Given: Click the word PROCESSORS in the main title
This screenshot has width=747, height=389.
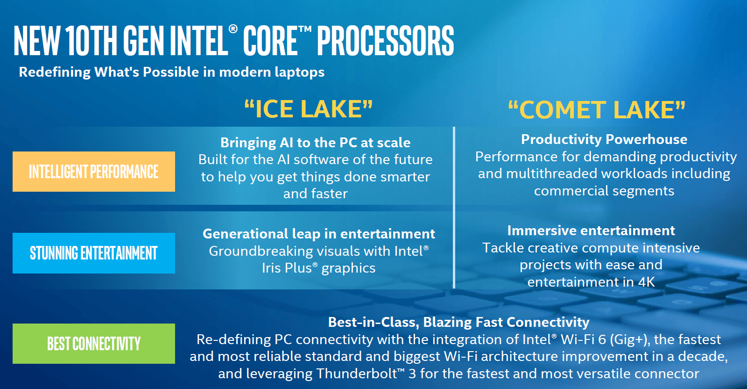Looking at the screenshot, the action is (385, 40).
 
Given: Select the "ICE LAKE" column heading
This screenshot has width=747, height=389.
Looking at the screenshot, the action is (309, 109).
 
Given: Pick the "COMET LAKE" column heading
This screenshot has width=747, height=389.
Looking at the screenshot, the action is (597, 110).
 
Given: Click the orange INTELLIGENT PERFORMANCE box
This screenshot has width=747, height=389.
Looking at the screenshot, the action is (94, 172).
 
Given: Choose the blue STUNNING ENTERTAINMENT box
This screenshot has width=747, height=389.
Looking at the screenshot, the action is (94, 253).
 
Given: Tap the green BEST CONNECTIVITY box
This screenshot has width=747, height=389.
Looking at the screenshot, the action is (94, 344).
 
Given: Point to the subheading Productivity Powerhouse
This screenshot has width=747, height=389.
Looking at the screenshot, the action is (604, 140).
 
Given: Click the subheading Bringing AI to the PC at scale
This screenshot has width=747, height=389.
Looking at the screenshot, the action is (316, 143).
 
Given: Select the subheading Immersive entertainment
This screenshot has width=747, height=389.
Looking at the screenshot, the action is (591, 231).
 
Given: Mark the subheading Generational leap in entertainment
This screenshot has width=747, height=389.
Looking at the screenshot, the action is (319, 234).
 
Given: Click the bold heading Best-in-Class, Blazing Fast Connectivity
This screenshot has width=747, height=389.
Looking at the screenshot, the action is (459, 322).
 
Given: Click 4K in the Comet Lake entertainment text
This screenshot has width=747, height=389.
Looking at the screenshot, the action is (646, 282).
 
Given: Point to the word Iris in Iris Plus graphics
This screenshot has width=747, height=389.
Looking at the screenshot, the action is (272, 268).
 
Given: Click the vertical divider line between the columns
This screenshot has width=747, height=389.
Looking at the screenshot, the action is (454, 207).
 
